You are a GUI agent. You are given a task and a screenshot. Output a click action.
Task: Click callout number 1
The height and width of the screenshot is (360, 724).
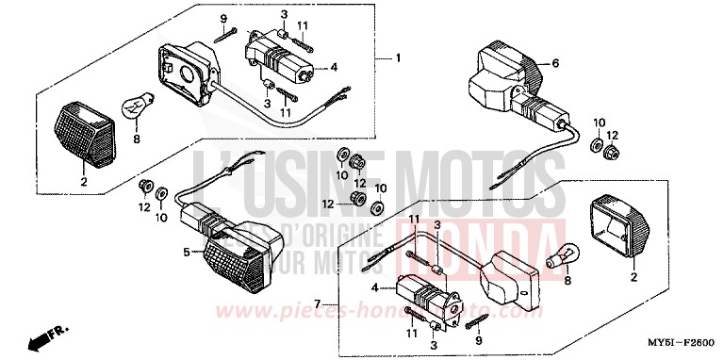pyautogui.click(x=398, y=58)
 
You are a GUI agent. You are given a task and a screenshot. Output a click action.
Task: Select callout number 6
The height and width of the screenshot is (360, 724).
pyautogui.click(x=555, y=63)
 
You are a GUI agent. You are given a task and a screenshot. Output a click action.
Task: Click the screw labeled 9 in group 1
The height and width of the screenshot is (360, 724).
pyautogui.click(x=226, y=35)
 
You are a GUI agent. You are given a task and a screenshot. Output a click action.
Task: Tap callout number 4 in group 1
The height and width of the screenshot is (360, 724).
pyautogui.click(x=333, y=67)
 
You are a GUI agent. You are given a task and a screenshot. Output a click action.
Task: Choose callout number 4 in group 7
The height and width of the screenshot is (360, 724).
pyautogui.click(x=378, y=286)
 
